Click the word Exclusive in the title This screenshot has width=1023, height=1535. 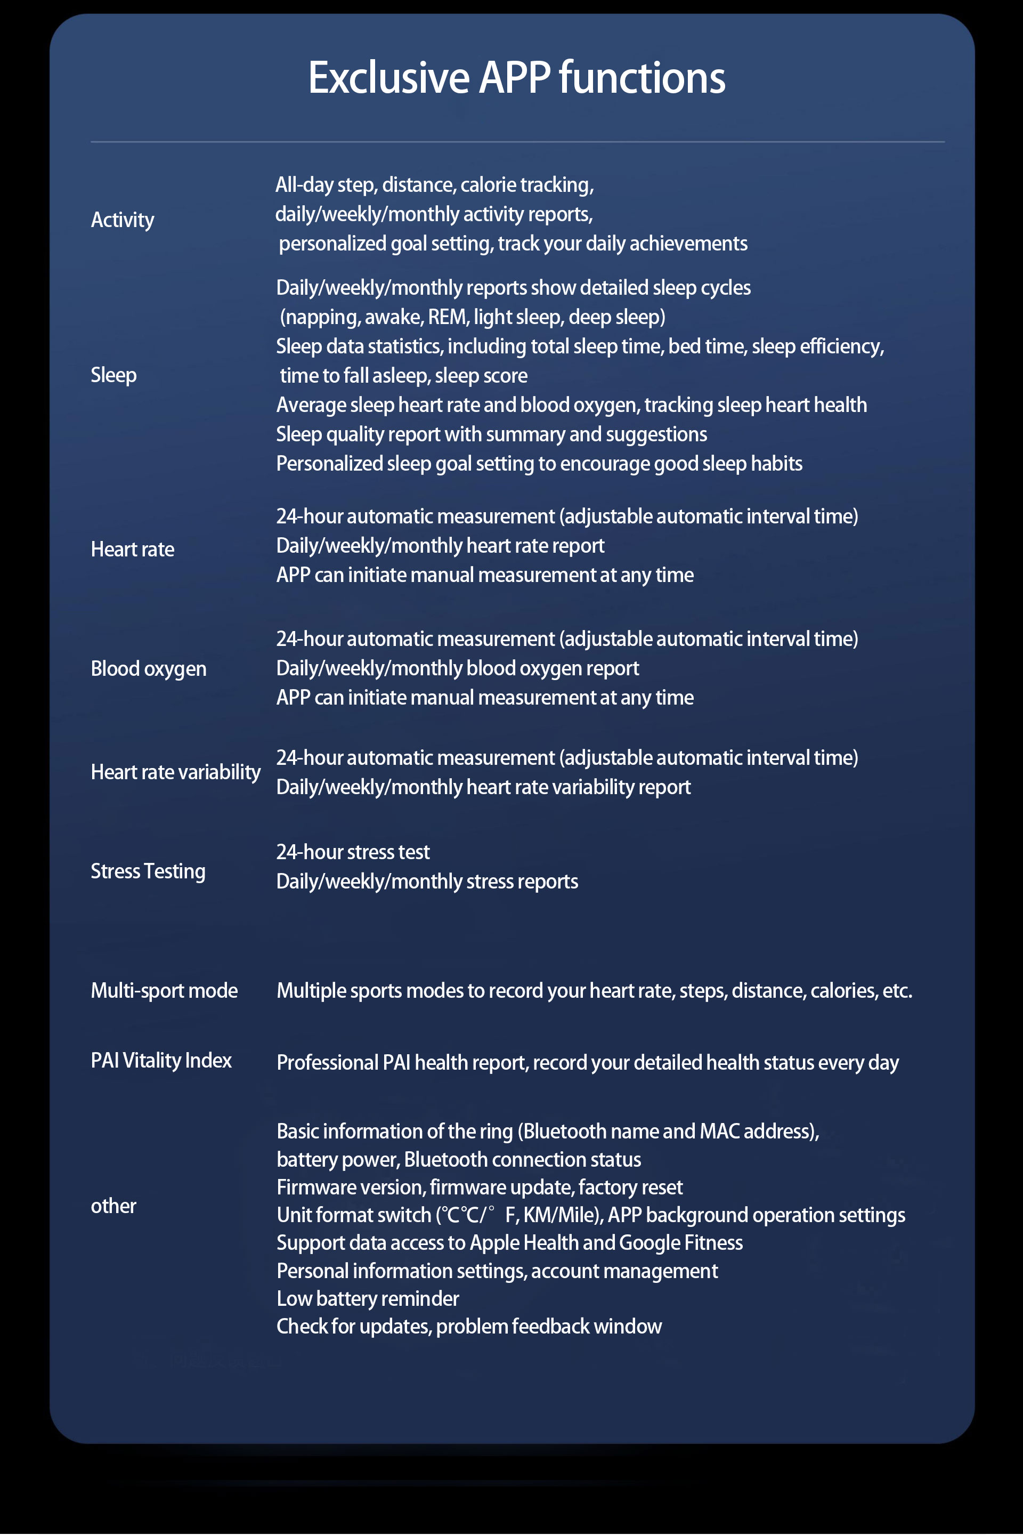click(388, 78)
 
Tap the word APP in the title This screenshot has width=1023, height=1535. click(515, 78)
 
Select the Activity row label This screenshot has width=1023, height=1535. click(123, 220)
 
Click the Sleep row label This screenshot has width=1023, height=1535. click(113, 375)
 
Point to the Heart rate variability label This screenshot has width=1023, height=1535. click(175, 772)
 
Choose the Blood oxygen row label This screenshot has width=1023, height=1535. click(149, 669)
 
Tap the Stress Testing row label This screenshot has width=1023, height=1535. click(148, 871)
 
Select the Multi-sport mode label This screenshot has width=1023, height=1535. click(165, 991)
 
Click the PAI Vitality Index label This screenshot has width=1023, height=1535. click(161, 1061)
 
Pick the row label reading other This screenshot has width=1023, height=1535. click(113, 1206)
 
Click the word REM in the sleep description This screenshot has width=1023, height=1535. click(447, 317)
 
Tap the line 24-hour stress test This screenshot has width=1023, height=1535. click(353, 852)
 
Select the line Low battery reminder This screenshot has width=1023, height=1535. click(368, 1299)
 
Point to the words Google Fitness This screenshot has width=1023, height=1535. click(680, 1243)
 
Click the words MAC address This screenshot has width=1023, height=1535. click(757, 1131)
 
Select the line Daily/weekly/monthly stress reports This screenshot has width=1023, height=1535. click(427, 882)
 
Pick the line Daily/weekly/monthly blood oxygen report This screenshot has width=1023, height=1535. click(457, 668)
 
